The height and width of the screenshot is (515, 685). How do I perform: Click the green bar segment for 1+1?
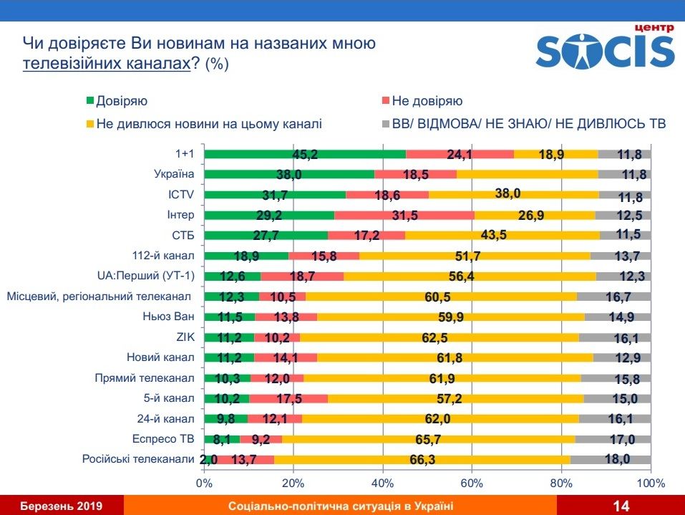point(305,154)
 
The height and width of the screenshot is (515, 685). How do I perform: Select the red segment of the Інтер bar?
point(404,215)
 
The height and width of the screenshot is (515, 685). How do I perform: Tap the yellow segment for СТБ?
point(502,235)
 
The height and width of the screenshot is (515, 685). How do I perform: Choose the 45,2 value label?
point(305,154)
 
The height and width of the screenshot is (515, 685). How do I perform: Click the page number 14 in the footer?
point(621,506)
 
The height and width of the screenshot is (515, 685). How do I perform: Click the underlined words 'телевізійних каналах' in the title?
point(106,63)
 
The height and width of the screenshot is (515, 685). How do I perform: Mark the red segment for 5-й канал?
point(288,398)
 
